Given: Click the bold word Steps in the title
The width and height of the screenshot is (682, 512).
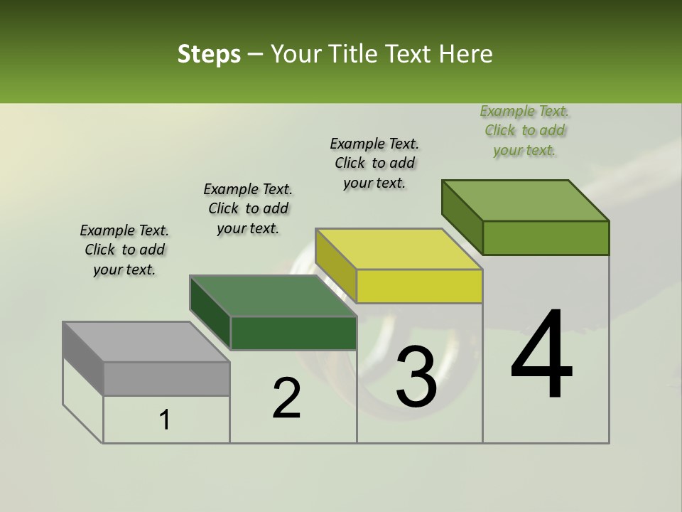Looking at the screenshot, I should (x=209, y=54).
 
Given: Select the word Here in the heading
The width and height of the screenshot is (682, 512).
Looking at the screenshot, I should (x=465, y=54).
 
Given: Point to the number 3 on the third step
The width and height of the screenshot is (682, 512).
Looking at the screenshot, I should (x=416, y=377).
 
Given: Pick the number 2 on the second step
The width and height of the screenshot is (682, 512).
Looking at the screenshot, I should (x=286, y=398).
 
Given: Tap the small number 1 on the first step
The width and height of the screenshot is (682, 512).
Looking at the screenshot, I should (x=165, y=420).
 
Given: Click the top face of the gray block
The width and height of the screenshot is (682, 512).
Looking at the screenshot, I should (x=146, y=342).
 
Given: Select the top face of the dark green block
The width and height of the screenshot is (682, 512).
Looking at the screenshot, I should (x=272, y=296).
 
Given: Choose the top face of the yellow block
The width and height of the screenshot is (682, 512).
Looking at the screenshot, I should (x=399, y=249).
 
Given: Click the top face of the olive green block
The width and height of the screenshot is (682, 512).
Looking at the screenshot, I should (x=525, y=201).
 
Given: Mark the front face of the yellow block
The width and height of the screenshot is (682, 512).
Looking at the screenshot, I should (x=419, y=287).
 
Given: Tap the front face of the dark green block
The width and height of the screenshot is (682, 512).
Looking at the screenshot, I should (x=293, y=334).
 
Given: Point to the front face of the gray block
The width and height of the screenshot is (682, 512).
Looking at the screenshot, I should (x=167, y=379).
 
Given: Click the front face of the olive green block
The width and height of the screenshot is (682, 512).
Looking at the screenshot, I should (x=546, y=238).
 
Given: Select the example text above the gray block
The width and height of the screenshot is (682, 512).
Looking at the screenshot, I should (x=124, y=250).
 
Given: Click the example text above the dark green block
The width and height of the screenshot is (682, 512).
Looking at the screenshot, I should (x=248, y=208).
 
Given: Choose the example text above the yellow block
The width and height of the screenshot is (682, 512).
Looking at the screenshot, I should (x=374, y=163).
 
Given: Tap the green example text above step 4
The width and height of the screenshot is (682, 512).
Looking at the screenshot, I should (x=524, y=130).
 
